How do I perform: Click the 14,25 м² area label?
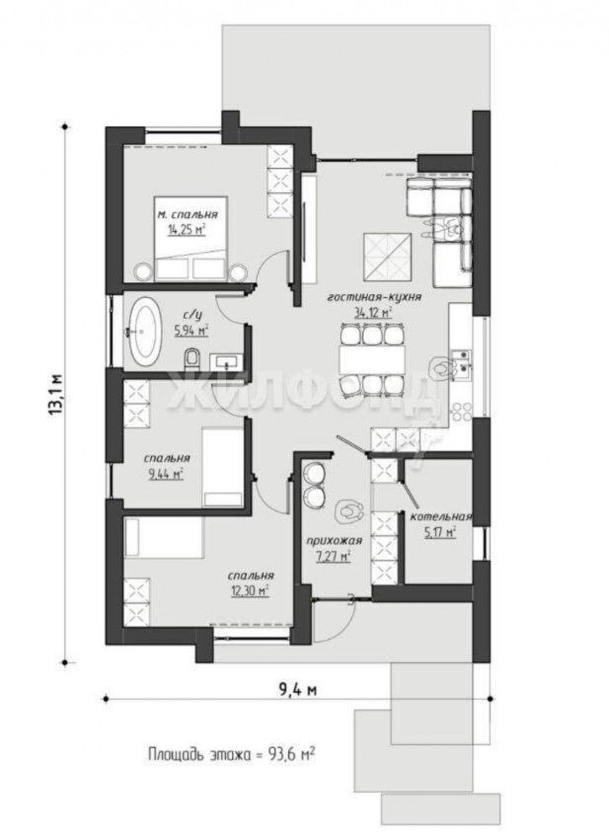[x=187, y=230]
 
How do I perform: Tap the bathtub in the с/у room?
[x=143, y=331]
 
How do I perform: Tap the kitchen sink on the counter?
[x=461, y=360]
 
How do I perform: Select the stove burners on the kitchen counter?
[x=461, y=411]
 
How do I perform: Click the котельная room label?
[x=441, y=516]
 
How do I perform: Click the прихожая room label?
[x=333, y=541]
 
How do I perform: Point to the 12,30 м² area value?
[x=249, y=590]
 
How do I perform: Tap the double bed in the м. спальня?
[x=191, y=238]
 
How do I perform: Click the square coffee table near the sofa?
[x=388, y=257]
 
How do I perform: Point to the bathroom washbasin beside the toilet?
[x=227, y=361]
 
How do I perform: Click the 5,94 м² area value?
[x=192, y=331]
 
